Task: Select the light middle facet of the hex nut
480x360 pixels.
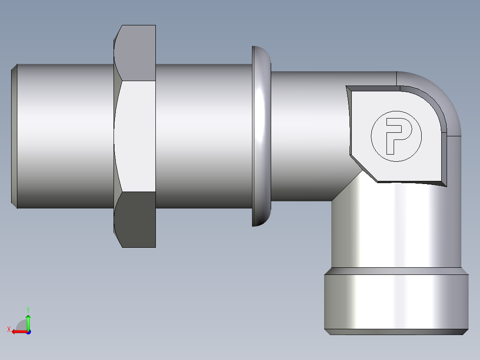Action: click(135, 136)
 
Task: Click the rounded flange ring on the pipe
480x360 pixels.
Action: click(261, 136)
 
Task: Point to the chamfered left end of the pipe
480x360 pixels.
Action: click(14, 136)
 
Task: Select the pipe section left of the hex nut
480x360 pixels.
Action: click(65, 136)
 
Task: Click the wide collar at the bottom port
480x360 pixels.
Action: click(396, 301)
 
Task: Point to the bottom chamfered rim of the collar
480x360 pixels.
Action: click(396, 332)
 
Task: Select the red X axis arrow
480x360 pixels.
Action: click(18, 331)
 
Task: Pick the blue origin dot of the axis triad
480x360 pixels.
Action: click(28, 331)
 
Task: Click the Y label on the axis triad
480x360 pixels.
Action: click(28, 309)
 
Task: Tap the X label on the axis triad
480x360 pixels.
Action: click(8, 329)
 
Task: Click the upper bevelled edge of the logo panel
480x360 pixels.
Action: click(374, 88)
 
